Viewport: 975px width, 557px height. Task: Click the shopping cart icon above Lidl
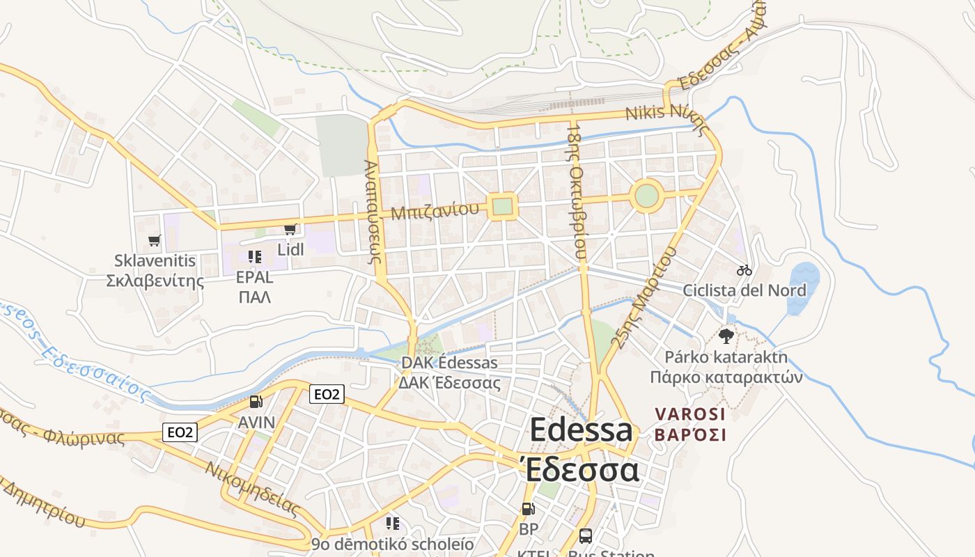(x=290, y=229)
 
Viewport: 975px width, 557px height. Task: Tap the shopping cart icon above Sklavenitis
(x=155, y=240)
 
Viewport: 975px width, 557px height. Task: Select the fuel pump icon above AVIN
(x=256, y=402)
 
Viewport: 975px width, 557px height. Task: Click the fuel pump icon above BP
(x=529, y=509)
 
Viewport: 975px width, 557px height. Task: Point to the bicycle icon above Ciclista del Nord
(x=744, y=269)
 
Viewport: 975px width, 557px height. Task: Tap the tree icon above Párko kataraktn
(x=726, y=336)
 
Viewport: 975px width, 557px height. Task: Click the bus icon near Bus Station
(x=586, y=536)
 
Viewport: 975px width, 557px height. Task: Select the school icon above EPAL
(x=254, y=256)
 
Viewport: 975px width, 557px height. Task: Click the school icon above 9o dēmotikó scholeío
(x=393, y=523)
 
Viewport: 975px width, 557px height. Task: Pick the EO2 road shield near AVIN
(x=327, y=394)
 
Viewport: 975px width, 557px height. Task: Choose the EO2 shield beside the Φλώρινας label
(x=180, y=432)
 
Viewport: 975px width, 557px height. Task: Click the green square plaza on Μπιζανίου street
(x=502, y=206)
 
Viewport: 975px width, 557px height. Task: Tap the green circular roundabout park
(x=646, y=196)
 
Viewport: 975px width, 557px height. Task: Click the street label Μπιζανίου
(x=435, y=211)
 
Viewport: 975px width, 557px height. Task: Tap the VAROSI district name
(x=690, y=414)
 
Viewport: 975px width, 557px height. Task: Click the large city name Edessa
(x=582, y=430)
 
